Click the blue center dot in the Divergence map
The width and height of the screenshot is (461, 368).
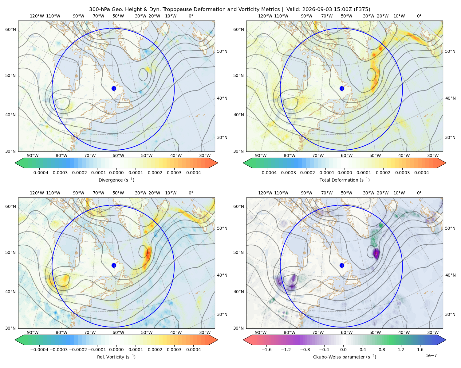(114, 88)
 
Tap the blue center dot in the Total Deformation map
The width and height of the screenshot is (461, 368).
(342, 88)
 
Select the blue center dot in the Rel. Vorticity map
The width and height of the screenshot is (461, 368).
(114, 265)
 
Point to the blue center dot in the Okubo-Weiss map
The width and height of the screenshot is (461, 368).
(342, 265)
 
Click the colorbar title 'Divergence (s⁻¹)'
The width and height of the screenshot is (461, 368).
(116, 180)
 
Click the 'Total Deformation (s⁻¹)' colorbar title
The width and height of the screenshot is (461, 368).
(345, 180)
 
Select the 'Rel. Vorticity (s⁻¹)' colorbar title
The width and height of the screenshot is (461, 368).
(116, 357)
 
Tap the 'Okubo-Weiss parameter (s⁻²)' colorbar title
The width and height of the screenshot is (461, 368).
(345, 357)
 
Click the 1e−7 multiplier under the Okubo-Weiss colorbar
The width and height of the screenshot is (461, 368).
(431, 355)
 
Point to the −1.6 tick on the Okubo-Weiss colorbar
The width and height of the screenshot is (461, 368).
(266, 350)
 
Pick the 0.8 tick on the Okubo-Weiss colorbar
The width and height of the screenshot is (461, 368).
(382, 350)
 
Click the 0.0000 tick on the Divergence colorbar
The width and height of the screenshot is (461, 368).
(116, 173)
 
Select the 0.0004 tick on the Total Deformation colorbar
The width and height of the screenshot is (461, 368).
(421, 173)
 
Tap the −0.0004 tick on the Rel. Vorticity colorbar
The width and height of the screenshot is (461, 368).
(39, 350)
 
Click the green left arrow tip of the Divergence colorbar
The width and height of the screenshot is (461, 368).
(15, 163)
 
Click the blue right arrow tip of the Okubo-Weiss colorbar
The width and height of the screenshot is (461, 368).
(446, 340)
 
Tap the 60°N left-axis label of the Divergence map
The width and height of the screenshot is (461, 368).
(10, 29)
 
